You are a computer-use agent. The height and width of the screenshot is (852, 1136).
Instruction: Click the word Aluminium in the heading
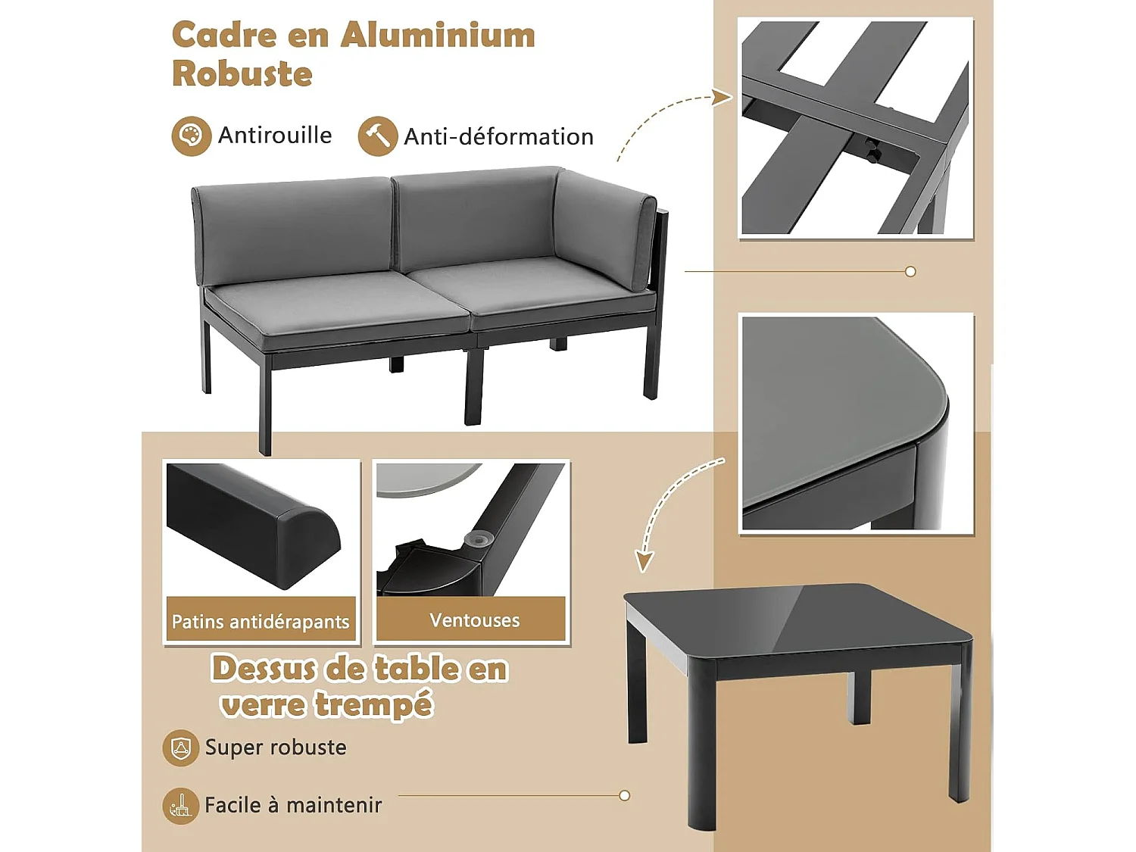point(438,36)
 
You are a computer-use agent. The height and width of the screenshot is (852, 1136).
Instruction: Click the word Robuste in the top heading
point(242,74)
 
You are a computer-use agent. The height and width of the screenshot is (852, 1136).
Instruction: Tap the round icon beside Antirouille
point(191,136)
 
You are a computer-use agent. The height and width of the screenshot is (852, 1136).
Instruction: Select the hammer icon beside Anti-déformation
point(377,136)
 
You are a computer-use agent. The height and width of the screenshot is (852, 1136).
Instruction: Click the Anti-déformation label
point(498,137)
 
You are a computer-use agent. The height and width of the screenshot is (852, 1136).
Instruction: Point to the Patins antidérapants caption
point(261,622)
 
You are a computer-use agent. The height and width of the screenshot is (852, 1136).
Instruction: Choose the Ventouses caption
point(474,620)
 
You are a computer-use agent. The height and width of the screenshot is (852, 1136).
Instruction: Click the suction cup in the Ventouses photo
point(479,538)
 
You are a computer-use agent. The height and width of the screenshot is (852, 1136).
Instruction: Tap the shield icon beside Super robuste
point(180,748)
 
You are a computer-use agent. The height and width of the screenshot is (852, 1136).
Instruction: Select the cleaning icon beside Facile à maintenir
point(180,805)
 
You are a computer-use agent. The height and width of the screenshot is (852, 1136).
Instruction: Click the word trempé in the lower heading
point(373,705)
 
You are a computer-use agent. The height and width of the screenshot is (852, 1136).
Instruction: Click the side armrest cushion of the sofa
point(606,227)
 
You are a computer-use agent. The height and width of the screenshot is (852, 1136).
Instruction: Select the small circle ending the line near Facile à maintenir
point(624,795)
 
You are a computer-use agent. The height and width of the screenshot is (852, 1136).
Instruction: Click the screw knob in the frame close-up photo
point(872,151)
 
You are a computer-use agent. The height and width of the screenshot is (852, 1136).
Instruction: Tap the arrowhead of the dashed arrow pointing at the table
point(644,561)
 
